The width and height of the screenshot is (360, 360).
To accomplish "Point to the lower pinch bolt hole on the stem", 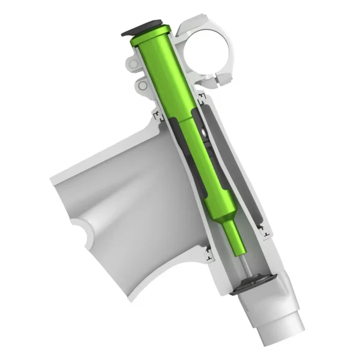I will tap(142, 86).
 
